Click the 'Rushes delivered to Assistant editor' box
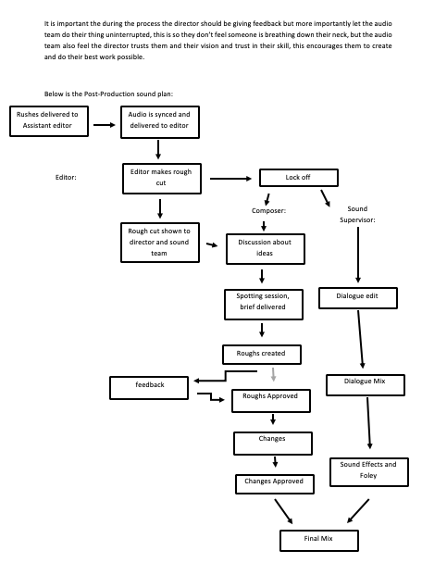[49, 121]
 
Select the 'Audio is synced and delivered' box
[160, 122]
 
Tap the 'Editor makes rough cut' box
[162, 179]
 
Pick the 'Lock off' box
[299, 178]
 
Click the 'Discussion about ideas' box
[266, 249]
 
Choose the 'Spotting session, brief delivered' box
[264, 305]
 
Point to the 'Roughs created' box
[262, 355]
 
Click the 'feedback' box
[149, 388]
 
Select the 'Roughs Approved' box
[271, 401]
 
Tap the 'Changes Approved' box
[275, 484]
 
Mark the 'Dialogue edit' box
[358, 298]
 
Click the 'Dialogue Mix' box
[366, 385]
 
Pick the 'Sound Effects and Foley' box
[369, 472]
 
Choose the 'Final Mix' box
[319, 541]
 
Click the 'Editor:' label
[66, 178]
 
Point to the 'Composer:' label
[268, 211]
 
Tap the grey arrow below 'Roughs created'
[273, 374]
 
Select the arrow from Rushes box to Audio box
[105, 125]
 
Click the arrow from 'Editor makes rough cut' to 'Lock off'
[230, 179]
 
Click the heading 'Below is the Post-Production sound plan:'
[108, 94]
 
